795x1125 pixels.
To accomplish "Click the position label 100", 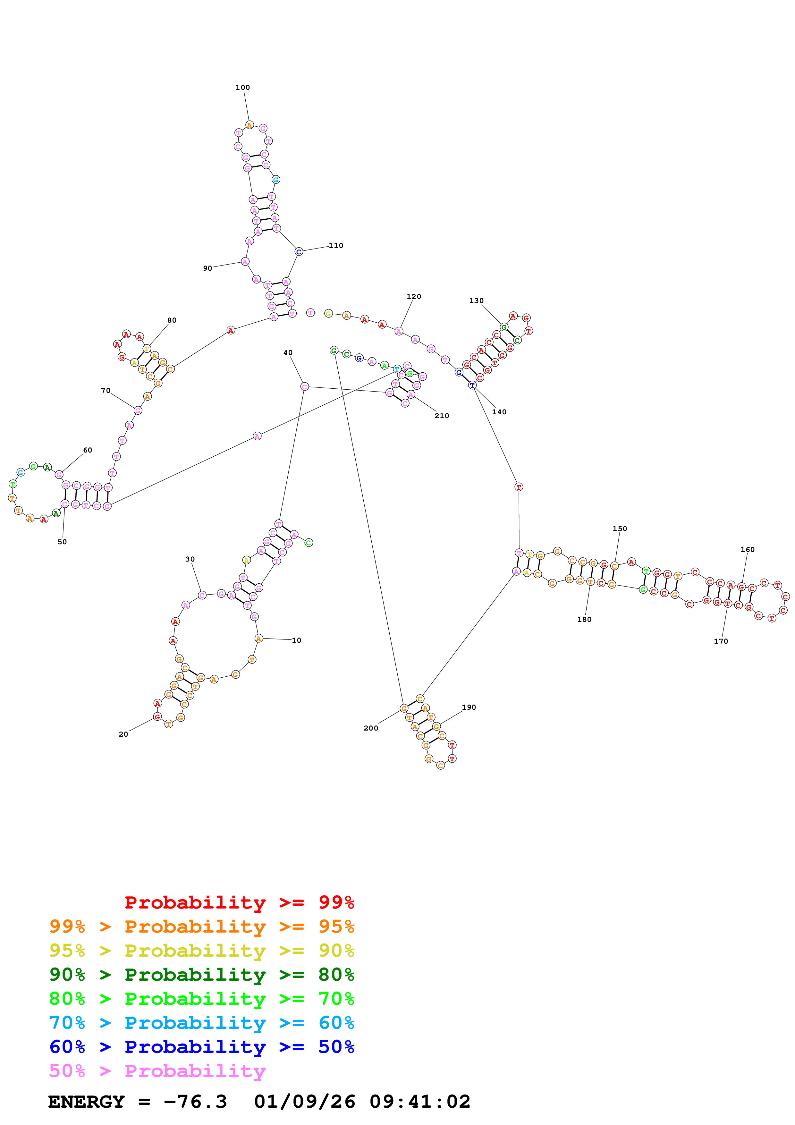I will (x=242, y=87).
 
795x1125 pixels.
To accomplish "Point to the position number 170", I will (x=721, y=641).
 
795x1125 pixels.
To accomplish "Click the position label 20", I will (x=123, y=734).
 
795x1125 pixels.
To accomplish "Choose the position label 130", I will (x=476, y=300).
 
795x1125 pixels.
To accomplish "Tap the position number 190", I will (x=469, y=707).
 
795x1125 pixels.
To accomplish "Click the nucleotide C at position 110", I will (x=299, y=252).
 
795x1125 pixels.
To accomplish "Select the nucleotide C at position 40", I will (x=304, y=386).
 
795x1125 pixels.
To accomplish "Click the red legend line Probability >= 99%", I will (x=239, y=902).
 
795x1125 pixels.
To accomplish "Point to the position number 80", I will (x=172, y=320).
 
